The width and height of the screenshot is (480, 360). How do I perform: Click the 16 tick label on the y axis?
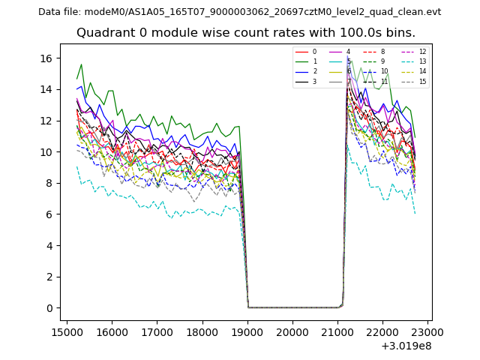point(46,58)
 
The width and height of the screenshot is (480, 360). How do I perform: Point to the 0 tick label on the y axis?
point(49,308)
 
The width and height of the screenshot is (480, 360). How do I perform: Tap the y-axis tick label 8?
point(49,183)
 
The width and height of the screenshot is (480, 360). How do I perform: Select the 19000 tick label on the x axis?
point(247,329)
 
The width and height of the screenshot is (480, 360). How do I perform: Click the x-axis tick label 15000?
point(67,329)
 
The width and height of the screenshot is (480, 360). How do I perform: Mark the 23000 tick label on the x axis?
point(427,329)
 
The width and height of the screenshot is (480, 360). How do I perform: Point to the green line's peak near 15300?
point(82,64)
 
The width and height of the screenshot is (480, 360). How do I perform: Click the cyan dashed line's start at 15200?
point(76,166)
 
